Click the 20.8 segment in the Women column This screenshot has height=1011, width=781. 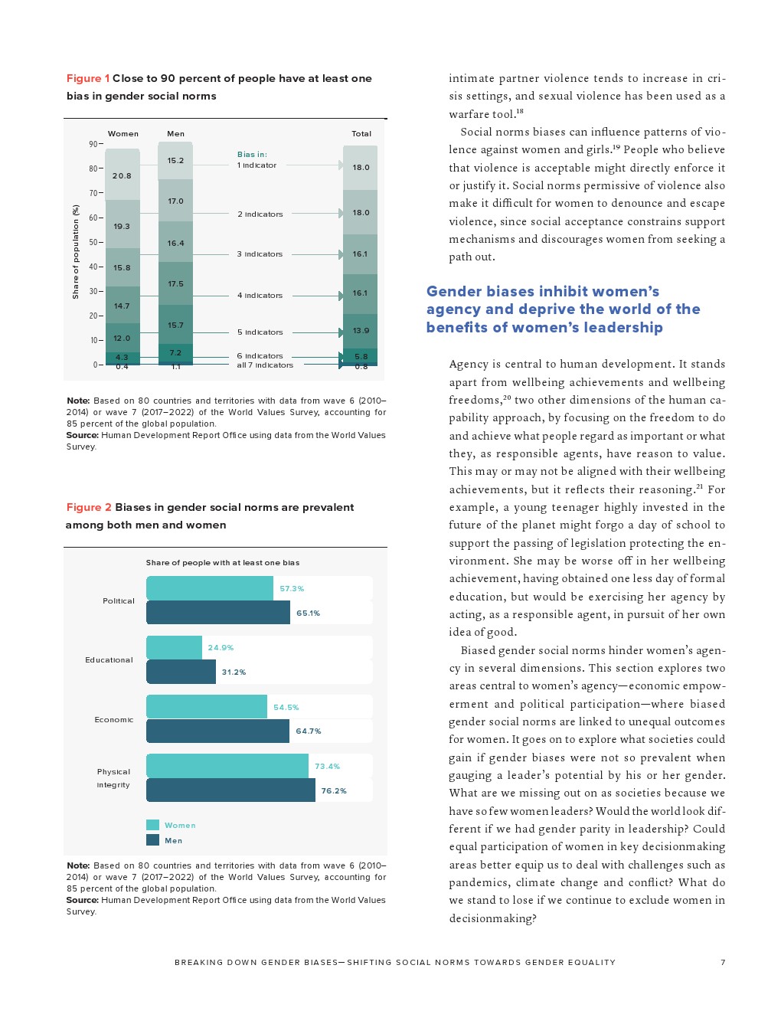(x=122, y=175)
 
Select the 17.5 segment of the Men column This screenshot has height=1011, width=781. (x=175, y=284)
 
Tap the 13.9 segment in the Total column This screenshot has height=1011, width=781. (x=361, y=331)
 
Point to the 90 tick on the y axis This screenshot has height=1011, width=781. (x=93, y=144)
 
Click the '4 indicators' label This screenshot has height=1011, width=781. (x=260, y=296)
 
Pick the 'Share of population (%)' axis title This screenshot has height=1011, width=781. (x=76, y=251)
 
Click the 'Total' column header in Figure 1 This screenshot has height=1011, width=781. (x=361, y=134)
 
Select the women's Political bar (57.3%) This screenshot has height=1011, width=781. (x=209, y=588)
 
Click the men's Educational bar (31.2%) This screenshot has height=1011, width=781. (x=181, y=672)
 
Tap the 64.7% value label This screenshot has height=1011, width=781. (x=309, y=731)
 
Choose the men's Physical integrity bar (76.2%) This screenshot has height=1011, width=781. (x=230, y=790)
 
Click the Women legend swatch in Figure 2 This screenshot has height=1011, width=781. (x=152, y=825)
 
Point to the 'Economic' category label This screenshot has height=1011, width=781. (x=113, y=720)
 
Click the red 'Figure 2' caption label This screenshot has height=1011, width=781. (x=89, y=507)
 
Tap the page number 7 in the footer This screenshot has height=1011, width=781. (x=722, y=962)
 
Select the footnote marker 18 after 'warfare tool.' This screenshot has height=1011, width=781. (x=520, y=112)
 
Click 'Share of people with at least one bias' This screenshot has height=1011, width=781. (x=222, y=563)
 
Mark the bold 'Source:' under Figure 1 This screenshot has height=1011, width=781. (x=82, y=435)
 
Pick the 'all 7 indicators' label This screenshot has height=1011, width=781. (x=265, y=365)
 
